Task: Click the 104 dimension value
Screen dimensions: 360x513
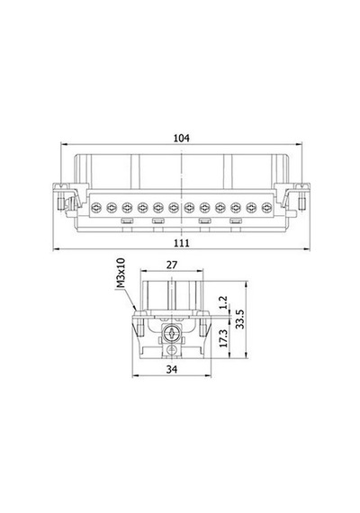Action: point(181,138)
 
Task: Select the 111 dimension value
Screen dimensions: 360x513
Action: point(181,243)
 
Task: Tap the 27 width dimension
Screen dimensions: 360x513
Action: point(172,265)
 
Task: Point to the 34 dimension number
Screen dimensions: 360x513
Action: point(172,369)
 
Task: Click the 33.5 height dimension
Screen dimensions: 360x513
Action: point(240,319)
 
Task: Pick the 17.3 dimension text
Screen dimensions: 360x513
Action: point(223,338)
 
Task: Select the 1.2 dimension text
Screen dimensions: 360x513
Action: point(223,302)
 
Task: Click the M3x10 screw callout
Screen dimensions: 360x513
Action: point(121,274)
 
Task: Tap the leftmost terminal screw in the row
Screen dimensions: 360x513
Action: point(96,207)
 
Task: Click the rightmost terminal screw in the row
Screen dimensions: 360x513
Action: point(267,207)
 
